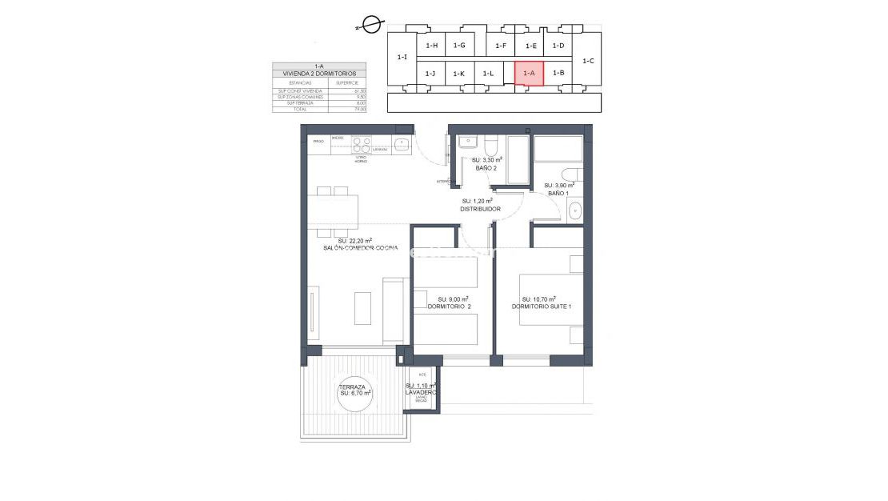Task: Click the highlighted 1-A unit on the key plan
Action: tap(529, 73)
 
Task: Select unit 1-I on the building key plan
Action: tap(402, 58)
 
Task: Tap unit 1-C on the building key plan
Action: tap(588, 60)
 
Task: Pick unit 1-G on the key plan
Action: tap(458, 46)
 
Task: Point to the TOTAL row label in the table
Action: tap(300, 109)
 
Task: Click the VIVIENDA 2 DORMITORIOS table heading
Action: tap(318, 74)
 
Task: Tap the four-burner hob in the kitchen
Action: tap(362, 144)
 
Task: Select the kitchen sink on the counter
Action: tap(402, 145)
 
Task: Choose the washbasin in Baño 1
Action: tap(574, 211)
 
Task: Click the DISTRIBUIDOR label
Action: tap(480, 209)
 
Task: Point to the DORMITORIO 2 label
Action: tap(449, 306)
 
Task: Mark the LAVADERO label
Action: tap(421, 392)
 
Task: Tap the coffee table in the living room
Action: tap(362, 308)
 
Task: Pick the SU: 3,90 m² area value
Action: tap(560, 185)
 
